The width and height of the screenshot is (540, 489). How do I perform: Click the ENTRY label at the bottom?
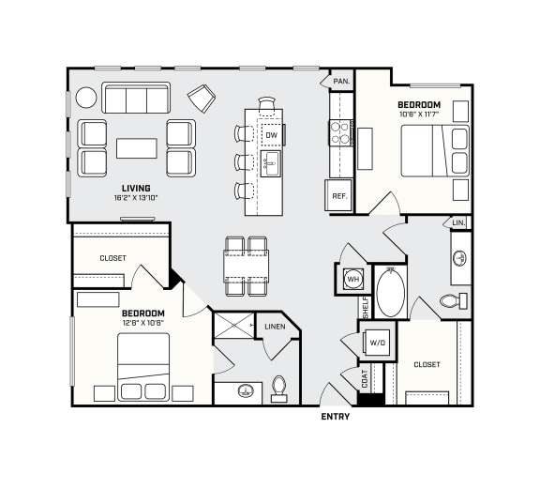pos(335,416)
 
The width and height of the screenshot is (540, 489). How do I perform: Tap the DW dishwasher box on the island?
pos(271,135)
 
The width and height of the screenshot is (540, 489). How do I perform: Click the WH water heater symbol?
pos(352,280)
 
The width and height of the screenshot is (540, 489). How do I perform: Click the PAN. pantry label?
pos(341,82)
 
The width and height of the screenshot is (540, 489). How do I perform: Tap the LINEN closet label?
pos(276,327)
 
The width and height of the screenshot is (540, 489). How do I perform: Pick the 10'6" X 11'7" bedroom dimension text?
pos(418,115)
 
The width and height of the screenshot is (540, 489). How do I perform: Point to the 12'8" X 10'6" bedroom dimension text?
pos(142,323)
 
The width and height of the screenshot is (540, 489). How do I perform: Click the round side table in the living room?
pos(86,98)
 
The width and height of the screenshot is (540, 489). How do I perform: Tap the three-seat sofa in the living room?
pos(135,99)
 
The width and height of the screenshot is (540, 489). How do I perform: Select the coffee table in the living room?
pos(137,148)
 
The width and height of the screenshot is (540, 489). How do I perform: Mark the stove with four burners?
pos(340,132)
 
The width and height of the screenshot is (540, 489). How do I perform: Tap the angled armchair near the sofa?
pos(202,98)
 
